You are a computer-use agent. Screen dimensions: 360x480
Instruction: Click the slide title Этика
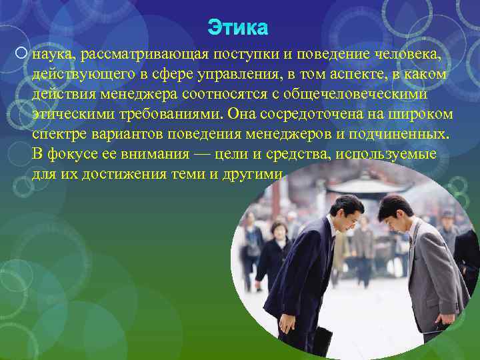[238, 27]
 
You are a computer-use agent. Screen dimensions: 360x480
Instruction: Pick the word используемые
[389, 154]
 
